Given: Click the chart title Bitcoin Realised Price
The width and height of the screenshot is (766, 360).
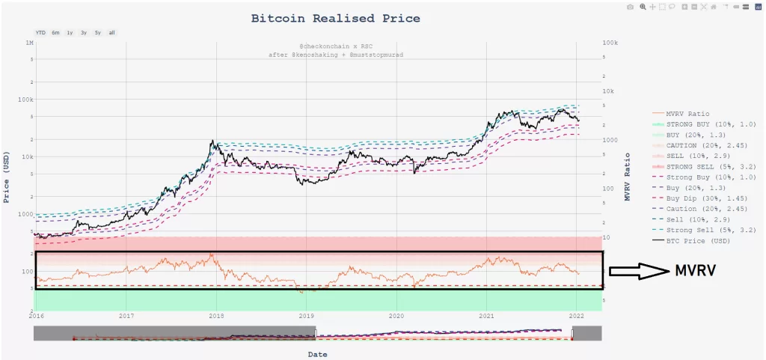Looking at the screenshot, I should tap(335, 18).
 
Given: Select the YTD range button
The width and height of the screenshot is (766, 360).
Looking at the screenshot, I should tap(40, 33).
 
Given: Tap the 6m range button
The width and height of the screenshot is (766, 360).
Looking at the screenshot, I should tap(55, 33).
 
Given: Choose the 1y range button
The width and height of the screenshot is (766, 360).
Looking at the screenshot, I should tap(70, 33).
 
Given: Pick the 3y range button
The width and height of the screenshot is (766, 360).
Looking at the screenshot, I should tap(84, 33).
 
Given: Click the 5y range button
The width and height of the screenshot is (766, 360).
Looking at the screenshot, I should tap(97, 33).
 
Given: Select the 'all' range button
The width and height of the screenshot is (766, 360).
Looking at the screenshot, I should tap(111, 33).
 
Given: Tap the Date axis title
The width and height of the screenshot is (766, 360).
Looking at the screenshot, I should tap(318, 354).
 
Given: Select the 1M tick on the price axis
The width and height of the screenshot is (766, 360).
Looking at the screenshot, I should tap(29, 44).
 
